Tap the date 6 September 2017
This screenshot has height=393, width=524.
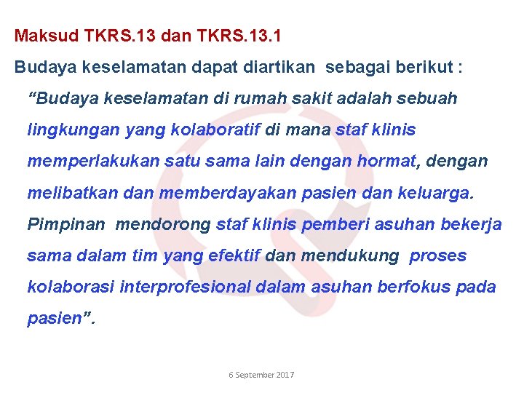point(261,375)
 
